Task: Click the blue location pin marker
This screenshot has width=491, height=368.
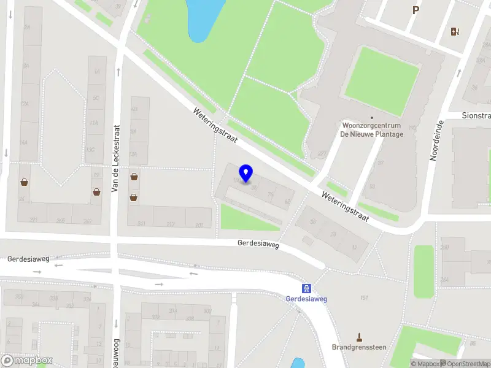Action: click(x=245, y=174)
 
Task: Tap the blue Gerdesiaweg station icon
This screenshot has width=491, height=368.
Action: click(x=306, y=288)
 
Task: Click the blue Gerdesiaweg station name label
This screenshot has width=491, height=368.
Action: click(x=306, y=299)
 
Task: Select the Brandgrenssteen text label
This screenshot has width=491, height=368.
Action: click(x=359, y=347)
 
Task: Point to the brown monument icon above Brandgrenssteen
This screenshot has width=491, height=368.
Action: click(x=360, y=337)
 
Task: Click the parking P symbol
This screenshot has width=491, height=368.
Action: click(x=416, y=10)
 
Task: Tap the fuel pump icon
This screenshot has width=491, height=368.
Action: click(x=455, y=32)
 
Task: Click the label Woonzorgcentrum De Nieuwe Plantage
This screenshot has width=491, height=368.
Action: click(x=373, y=130)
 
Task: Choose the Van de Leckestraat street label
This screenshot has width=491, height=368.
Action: click(x=115, y=159)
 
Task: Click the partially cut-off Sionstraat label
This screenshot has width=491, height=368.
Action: click(x=476, y=116)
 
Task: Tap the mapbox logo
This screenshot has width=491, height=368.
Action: click(x=26, y=360)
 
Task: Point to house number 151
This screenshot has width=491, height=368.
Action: click(x=364, y=298)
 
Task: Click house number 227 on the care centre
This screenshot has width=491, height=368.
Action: click(x=322, y=154)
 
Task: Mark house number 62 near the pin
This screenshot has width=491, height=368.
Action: click(x=287, y=201)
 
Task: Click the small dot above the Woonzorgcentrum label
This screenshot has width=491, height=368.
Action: click(x=371, y=118)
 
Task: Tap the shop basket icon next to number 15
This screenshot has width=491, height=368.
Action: click(x=97, y=191)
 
